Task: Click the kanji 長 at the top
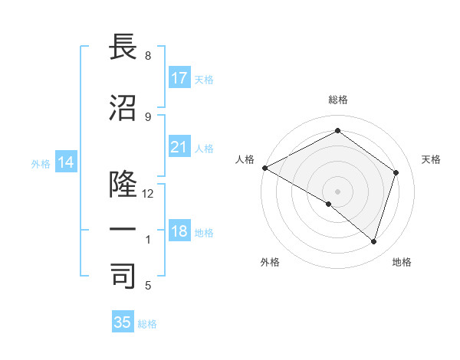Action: pyautogui.click(x=123, y=47)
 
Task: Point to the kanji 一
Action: pyautogui.click(x=123, y=229)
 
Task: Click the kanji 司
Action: pyautogui.click(x=123, y=276)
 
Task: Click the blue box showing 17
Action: pyautogui.click(x=179, y=78)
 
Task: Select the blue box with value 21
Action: pyautogui.click(x=179, y=147)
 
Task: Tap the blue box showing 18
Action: pyautogui.click(x=179, y=231)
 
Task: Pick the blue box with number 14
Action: pyautogui.click(x=65, y=162)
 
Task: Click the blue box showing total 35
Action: pyautogui.click(x=123, y=322)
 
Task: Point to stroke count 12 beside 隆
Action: pyautogui.click(x=148, y=194)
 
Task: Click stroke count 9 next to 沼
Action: pyautogui.click(x=148, y=116)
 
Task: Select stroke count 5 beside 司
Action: pyautogui.click(x=148, y=286)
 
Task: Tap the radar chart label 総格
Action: pyautogui.click(x=337, y=100)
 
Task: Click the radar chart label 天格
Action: pyautogui.click(x=431, y=159)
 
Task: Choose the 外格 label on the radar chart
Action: pyautogui.click(x=270, y=263)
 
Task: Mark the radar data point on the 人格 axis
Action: pyautogui.click(x=264, y=168)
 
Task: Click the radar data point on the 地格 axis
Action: pyautogui.click(x=373, y=242)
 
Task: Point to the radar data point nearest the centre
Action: pyautogui.click(x=329, y=204)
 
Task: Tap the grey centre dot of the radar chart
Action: pyautogui.click(x=337, y=191)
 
